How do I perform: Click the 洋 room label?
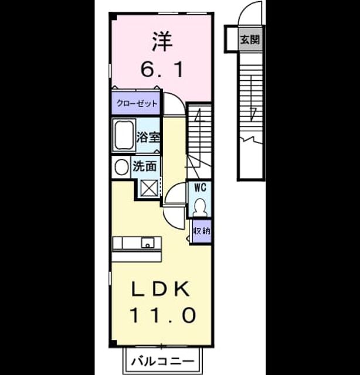click(x=162, y=42)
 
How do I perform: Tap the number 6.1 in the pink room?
click(x=162, y=69)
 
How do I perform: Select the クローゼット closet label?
click(x=137, y=104)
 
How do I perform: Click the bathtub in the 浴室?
click(x=124, y=135)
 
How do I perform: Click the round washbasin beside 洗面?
click(x=121, y=166)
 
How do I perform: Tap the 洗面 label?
click(x=145, y=166)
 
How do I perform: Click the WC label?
click(x=200, y=187)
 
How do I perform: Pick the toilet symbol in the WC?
click(x=199, y=206)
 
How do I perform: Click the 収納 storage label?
click(x=202, y=231)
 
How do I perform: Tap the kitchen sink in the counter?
click(x=148, y=243)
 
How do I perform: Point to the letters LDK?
click(x=161, y=289)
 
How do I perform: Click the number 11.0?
click(x=163, y=315)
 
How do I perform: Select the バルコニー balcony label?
click(x=162, y=361)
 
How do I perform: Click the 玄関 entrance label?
click(x=250, y=39)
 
